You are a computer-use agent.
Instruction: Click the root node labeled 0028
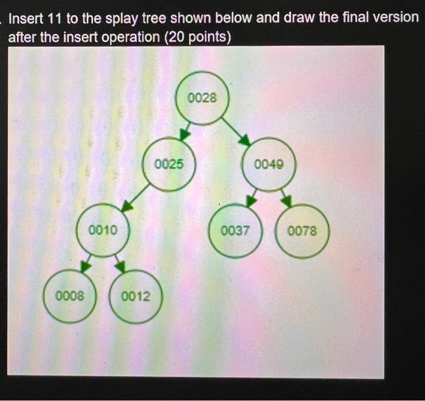coord(202,98)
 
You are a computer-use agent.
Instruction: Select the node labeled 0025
coord(168,164)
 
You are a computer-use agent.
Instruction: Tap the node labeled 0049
coord(268,164)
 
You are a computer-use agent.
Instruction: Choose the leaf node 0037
coord(235,231)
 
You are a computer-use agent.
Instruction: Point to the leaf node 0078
coord(302,231)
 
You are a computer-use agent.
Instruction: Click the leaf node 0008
coord(69,296)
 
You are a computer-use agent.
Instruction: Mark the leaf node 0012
coord(135,297)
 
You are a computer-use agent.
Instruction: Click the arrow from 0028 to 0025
coord(186,131)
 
